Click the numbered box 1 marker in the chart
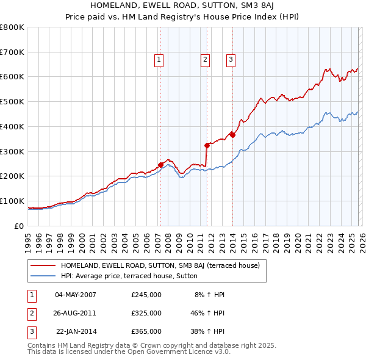[x=159, y=60]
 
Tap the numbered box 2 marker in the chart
[x=204, y=60]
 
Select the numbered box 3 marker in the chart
[x=232, y=60]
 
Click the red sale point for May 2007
[x=160, y=165]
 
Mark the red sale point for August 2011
[x=207, y=145]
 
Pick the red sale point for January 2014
[x=232, y=135]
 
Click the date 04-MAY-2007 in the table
[x=76, y=295]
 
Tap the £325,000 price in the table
[x=146, y=313]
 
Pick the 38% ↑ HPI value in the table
[x=206, y=331]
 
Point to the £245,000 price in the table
[x=146, y=295]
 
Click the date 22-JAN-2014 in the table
[x=76, y=331]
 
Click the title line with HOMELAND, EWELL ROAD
[x=182, y=5]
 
